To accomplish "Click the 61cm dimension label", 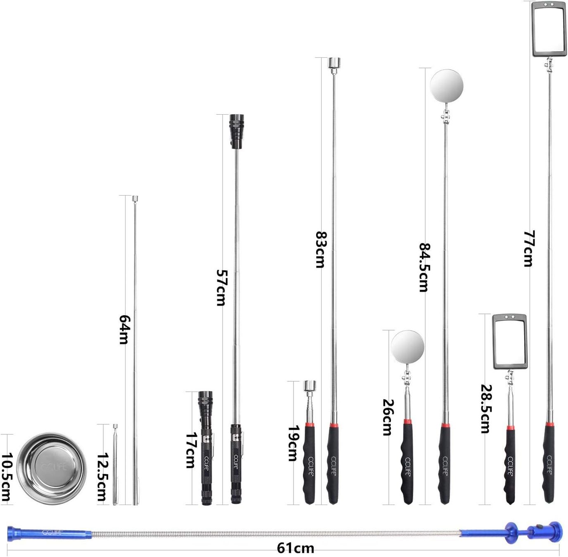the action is pyautogui.click(x=295, y=548).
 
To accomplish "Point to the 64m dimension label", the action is pyautogui.click(x=123, y=330).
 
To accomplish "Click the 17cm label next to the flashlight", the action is pyautogui.click(x=190, y=450).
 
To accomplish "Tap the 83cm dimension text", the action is pyautogui.click(x=321, y=250).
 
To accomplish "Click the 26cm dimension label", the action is pyautogui.click(x=387, y=417).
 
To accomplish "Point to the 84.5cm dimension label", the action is pyautogui.click(x=424, y=267).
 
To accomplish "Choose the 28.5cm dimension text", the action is pyautogui.click(x=486, y=408).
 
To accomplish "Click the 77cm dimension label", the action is pyautogui.click(x=529, y=249).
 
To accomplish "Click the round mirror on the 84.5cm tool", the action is pyautogui.click(x=446, y=86).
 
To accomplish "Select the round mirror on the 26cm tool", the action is pyautogui.click(x=408, y=347).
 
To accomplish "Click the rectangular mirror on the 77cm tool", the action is pyautogui.click(x=549, y=28).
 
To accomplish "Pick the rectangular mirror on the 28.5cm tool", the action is pyautogui.click(x=510, y=342).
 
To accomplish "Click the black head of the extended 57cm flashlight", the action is pyautogui.click(x=236, y=132).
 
